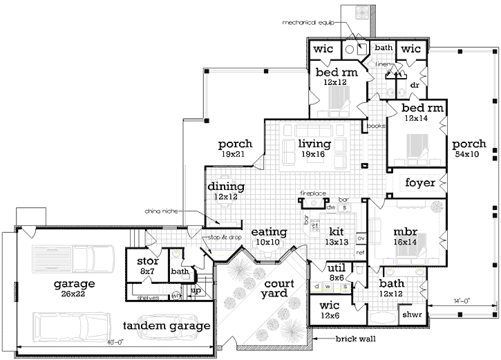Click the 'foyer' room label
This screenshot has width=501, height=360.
click(x=420, y=183)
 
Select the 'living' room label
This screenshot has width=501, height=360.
click(x=314, y=144)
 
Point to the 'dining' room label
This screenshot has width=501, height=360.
click(x=226, y=187)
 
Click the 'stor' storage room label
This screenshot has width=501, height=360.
click(x=148, y=262)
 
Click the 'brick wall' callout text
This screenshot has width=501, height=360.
click(x=354, y=339)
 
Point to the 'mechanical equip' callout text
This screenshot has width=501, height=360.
click(x=308, y=23)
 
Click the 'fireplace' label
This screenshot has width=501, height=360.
click(x=312, y=193)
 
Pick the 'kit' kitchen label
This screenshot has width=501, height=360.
click(x=336, y=231)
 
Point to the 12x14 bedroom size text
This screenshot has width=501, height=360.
click(x=417, y=119)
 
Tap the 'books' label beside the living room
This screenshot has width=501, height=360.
click(x=375, y=126)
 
